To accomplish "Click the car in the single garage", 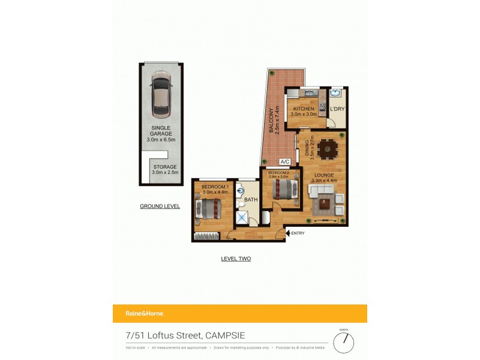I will point(161,94).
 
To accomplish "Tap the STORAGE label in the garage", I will point(165,167).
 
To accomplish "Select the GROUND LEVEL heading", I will point(160,206).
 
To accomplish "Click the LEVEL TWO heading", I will point(236,259).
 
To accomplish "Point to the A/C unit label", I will point(286,162).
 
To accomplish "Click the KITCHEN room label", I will point(304,109).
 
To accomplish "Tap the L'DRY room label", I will point(337,109).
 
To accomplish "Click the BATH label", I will point(250,200).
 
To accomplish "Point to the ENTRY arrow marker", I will point(288,233).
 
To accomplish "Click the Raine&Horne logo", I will point(145,313).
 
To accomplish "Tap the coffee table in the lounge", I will point(325,203).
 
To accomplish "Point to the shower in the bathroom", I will point(242,217).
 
